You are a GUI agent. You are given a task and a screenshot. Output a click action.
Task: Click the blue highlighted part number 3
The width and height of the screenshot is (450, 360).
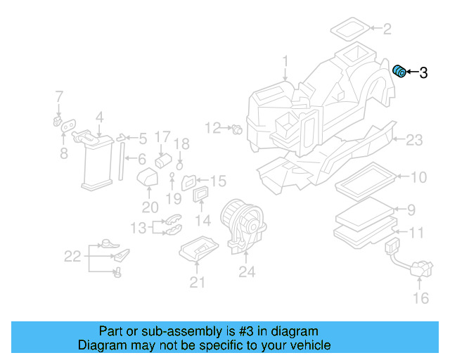[399, 71]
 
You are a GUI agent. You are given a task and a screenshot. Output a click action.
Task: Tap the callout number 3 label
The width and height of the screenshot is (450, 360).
[423, 72]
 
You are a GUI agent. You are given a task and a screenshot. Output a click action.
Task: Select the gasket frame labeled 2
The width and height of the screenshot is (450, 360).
[349, 30]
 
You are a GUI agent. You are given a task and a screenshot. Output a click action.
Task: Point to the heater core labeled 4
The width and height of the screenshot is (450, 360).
[96, 161]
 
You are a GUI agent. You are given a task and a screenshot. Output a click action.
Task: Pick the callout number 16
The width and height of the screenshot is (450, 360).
[420, 299]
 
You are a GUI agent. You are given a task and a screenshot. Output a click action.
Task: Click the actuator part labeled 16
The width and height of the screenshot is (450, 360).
[418, 269]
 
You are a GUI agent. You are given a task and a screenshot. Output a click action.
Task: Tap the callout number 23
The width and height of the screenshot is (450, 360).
[414, 141]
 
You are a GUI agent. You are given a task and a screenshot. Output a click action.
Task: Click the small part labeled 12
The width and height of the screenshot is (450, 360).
[237, 129]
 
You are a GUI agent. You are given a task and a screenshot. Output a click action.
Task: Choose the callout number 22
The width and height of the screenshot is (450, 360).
[73, 257]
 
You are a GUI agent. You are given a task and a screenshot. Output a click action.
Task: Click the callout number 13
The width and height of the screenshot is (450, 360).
[138, 227]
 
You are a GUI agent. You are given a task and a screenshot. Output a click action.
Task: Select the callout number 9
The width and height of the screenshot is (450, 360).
[413, 209]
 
